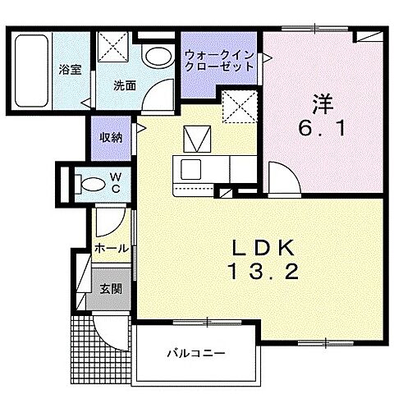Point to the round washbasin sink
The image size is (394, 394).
153,56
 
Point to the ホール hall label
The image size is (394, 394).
110,247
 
